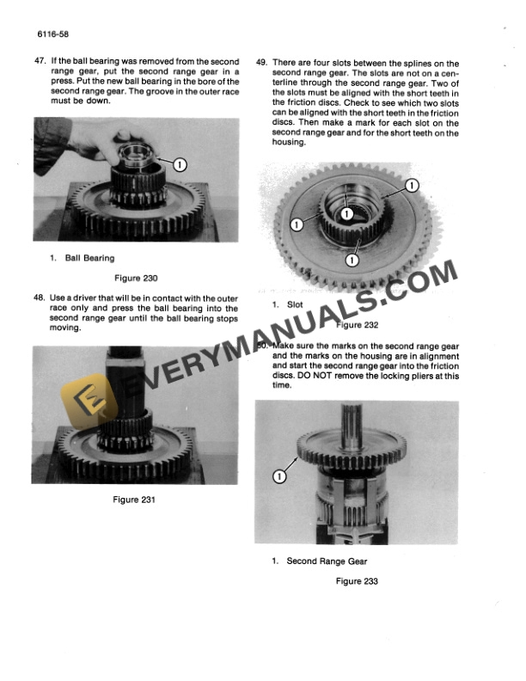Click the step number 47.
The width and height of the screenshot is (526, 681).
(40, 63)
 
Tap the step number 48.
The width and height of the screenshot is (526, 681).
(40, 298)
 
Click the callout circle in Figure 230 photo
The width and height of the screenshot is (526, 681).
(179, 163)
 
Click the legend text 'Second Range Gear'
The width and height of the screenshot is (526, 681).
(327, 561)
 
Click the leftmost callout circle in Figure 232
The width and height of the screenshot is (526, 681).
(297, 224)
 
